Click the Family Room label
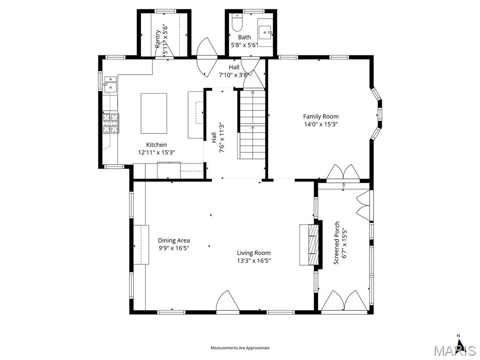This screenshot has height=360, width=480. (x=321, y=116)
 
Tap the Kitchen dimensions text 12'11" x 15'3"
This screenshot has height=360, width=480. (x=156, y=152)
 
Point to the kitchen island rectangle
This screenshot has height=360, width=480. (x=154, y=113)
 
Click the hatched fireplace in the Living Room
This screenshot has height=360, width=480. (x=309, y=245)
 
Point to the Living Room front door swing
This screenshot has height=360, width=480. (x=228, y=301)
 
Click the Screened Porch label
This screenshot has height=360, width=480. (x=336, y=243)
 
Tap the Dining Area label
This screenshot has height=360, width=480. (x=173, y=240)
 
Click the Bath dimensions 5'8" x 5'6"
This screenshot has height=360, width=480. (x=244, y=45)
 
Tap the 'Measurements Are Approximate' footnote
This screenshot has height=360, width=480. (x=240, y=348)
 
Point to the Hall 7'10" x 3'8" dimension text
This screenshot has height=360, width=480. (x=234, y=75)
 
